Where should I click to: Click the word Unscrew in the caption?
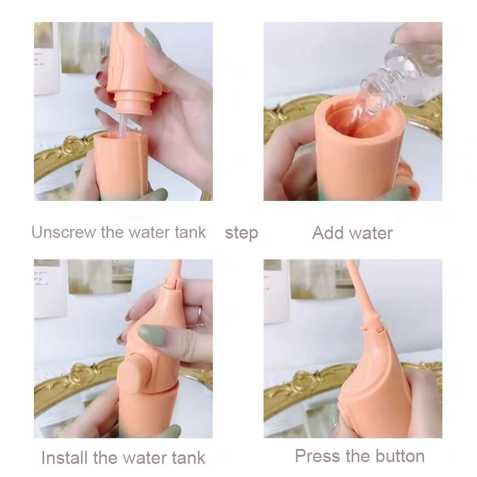pos(64,233)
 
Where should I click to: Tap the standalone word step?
pos(241,234)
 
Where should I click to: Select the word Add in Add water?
pos(329,233)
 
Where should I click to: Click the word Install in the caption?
pos(64,458)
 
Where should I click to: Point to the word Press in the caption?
pos(318,456)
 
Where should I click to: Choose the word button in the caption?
pos(399,456)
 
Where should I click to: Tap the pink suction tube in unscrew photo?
pos(123,126)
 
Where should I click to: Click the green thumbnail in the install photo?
pos(151,334)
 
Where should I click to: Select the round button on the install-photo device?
pos(136,374)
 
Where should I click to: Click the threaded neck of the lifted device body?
pos(133,103)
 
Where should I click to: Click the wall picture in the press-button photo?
pos(323,279)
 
